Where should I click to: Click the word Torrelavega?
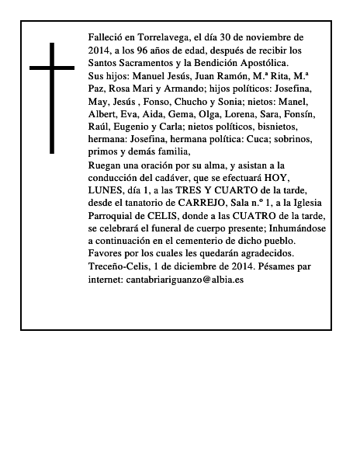tap(157, 37)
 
